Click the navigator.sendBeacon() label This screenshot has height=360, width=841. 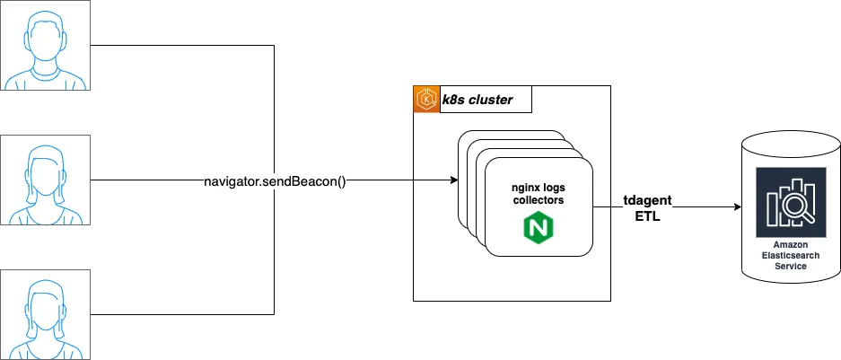point(276,182)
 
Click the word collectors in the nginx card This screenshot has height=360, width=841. point(537,201)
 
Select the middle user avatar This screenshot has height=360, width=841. point(46,180)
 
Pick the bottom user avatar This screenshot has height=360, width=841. point(46,313)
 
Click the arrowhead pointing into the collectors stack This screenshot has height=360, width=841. point(452,181)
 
